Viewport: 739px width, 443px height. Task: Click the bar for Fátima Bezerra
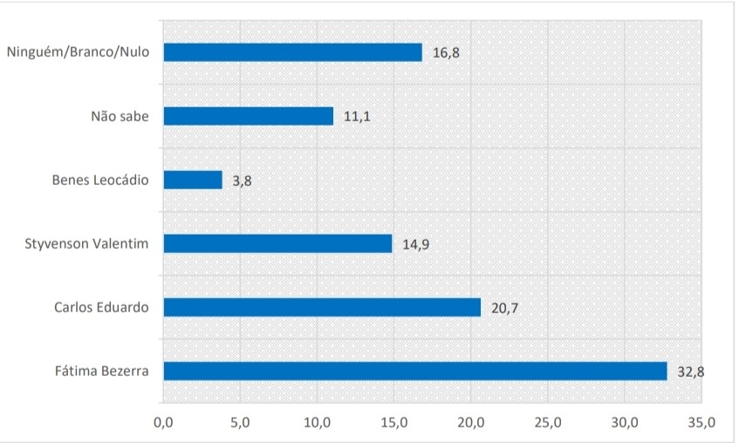[x=414, y=371]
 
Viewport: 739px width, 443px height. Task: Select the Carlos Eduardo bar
[x=322, y=307]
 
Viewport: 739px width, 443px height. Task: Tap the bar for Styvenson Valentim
[x=277, y=243]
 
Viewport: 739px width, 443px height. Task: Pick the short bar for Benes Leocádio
[x=193, y=180]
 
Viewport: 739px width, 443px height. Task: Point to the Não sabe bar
[x=249, y=116]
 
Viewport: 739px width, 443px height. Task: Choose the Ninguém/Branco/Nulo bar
[x=292, y=52]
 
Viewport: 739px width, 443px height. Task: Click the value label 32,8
[x=690, y=371]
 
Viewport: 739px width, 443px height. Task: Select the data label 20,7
[x=504, y=308]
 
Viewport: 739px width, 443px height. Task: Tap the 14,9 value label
[x=415, y=244]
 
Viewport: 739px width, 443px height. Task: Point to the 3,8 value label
[x=242, y=181]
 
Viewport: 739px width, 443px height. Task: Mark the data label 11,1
[x=357, y=117]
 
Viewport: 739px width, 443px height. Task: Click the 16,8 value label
[x=445, y=53]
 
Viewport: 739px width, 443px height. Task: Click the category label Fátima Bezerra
[x=101, y=371]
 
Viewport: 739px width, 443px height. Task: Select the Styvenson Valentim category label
[x=88, y=242]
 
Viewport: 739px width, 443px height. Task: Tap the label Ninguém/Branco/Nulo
[x=78, y=51]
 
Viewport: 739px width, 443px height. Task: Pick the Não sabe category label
[x=120, y=115]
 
